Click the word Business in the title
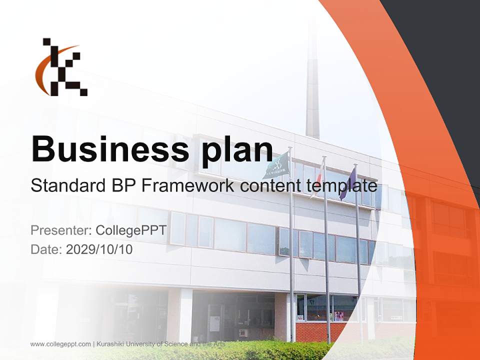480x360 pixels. point(106,148)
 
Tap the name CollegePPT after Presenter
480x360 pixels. point(131,230)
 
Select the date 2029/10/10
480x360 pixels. point(99,249)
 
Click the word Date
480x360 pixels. point(45,249)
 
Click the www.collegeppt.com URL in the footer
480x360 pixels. point(60,344)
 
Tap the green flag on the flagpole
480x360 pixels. point(276,165)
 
